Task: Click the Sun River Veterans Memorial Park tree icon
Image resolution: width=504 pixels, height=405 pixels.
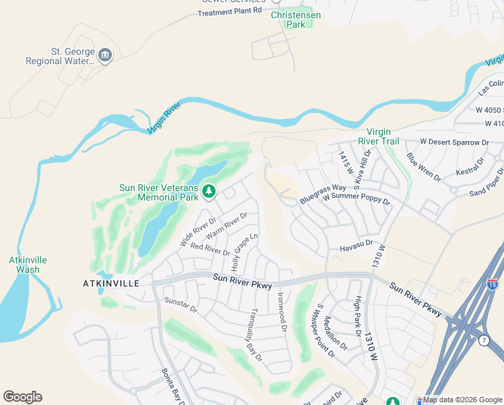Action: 209,192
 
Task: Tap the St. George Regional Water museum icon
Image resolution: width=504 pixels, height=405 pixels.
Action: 104,55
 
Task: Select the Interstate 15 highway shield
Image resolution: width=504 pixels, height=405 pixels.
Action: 493,284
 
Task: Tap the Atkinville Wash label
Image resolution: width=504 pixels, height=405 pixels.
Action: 24,265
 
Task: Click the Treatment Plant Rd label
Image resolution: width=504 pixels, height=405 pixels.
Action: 229,12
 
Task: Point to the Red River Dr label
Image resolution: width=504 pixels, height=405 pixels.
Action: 210,248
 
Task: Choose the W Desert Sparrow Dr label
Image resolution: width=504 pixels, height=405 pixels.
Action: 453,142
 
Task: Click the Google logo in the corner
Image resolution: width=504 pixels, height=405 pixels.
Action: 22,397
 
